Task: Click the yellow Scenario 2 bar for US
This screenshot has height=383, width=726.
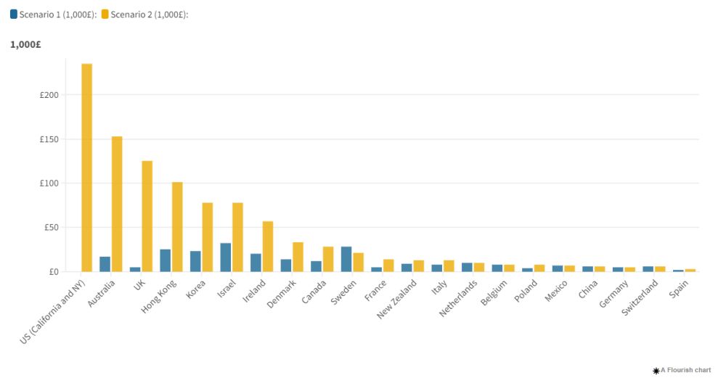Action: coord(87,168)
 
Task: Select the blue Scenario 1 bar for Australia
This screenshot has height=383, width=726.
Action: coord(105,264)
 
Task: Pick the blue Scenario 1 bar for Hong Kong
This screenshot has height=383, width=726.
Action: coord(166,260)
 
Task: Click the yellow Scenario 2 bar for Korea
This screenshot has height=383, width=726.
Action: coord(208,236)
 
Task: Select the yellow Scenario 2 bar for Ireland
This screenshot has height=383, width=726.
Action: coord(268,246)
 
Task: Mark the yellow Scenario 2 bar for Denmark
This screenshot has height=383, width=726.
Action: coord(298,257)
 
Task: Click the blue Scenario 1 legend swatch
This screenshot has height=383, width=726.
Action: coord(14,14)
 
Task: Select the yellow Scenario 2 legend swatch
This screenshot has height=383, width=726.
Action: coord(105,14)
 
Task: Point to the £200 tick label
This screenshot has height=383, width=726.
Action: coord(49,95)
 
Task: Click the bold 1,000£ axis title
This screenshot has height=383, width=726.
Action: coord(25,44)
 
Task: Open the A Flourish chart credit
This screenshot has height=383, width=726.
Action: coord(682,371)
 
